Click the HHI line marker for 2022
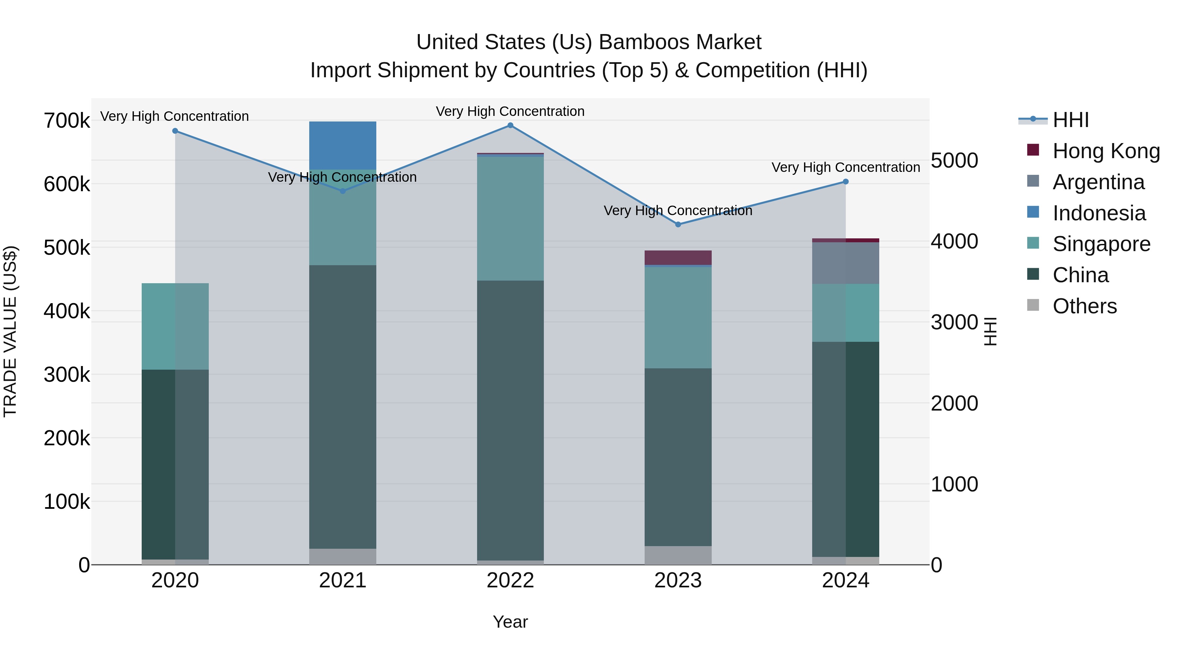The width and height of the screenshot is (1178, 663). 510,125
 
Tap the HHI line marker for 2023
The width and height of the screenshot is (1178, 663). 678,225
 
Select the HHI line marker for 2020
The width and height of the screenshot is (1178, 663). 175,131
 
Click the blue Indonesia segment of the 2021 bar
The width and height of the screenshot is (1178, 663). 343,145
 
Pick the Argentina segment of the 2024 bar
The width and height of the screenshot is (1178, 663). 846,263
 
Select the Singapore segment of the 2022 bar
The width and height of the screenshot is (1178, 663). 510,219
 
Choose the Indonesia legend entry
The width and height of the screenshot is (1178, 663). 1099,213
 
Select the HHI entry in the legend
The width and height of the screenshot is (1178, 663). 1070,120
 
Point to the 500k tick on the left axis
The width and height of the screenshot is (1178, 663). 67,248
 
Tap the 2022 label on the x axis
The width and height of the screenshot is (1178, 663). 510,580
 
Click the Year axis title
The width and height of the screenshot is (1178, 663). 510,622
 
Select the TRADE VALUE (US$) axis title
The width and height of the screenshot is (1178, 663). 10,331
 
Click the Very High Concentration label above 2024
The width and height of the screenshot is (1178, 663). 846,167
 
